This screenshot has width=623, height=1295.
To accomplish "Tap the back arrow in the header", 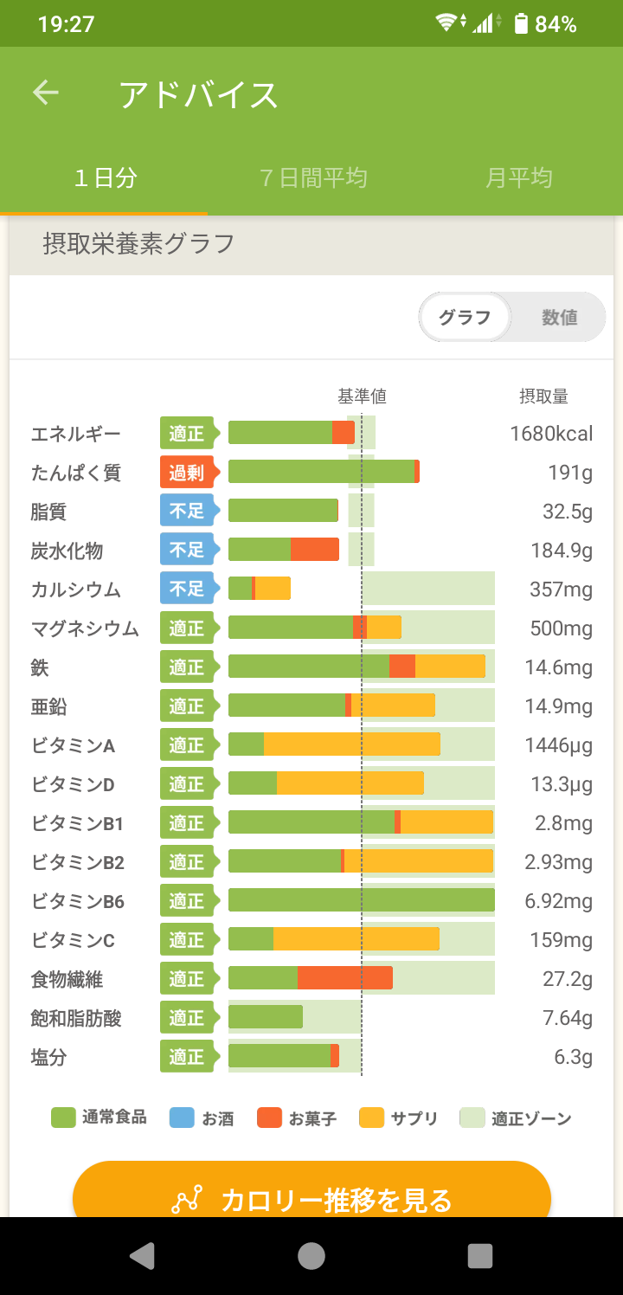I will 46,93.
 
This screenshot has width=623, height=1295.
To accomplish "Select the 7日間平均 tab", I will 313,178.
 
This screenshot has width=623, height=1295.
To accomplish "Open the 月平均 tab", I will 518,178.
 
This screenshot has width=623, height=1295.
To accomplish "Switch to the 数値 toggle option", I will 559,318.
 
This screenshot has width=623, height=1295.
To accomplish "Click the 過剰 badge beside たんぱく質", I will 186,473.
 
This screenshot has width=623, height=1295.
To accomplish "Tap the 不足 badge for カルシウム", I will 186,590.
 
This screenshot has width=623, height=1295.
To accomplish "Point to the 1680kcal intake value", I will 551,434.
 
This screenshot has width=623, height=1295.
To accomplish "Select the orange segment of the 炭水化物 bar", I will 314,550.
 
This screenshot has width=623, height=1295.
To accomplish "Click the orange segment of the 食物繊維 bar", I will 344,979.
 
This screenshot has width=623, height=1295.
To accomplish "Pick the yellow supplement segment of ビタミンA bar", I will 351,745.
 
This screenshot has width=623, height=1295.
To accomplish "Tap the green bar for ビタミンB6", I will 361,901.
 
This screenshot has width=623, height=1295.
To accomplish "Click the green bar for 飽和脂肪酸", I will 265,1018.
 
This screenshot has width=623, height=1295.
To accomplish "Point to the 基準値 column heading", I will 362,396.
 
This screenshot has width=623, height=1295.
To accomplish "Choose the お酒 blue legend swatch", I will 182,1118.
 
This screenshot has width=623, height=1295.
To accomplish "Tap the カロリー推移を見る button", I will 311,1199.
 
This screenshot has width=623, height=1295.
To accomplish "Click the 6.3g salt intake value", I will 575,1057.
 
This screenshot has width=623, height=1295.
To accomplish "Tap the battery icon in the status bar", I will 520,23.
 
